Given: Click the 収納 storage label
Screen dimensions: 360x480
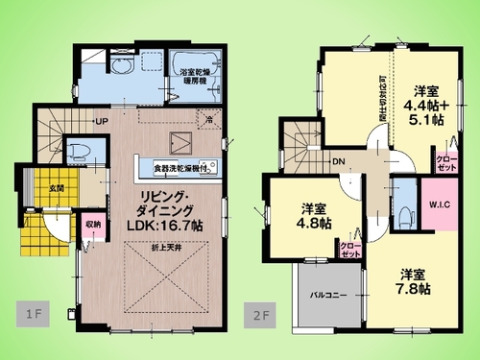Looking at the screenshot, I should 93,226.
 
